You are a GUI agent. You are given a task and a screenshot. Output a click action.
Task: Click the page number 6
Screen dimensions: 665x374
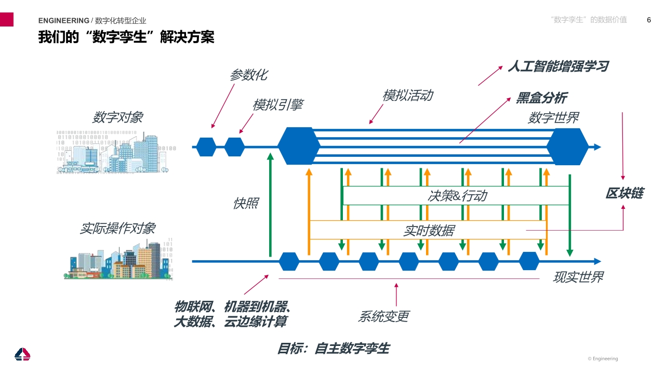tap(649, 20)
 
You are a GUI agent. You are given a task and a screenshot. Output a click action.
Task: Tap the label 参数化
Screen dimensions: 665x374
tap(249, 75)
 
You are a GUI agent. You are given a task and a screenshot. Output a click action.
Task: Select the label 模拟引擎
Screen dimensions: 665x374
tap(278, 105)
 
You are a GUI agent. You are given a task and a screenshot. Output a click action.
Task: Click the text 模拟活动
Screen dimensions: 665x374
tap(408, 95)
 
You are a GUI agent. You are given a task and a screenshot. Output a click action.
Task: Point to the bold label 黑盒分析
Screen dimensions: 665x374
tap(542, 98)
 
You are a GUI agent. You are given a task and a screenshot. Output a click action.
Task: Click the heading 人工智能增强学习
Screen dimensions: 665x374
tap(558, 66)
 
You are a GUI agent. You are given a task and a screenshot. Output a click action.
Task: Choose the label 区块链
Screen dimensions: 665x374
tap(624, 193)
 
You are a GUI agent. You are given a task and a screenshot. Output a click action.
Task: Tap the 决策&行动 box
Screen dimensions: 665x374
tap(456, 196)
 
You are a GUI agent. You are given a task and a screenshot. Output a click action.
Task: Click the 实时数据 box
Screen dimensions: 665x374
tap(428, 230)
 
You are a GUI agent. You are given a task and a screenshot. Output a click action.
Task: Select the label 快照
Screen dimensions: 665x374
tap(246, 203)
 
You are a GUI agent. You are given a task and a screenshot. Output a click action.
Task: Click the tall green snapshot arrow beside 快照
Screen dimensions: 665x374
tap(270, 205)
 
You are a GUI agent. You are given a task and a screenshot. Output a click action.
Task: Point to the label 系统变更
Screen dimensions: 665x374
tap(384, 316)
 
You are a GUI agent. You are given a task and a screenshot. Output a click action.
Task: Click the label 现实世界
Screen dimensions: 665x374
tap(578, 277)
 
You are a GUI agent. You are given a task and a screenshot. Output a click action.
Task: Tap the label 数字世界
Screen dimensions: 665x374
tap(554, 118)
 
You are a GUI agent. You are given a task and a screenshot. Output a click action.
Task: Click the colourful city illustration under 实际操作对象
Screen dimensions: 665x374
tap(118, 259)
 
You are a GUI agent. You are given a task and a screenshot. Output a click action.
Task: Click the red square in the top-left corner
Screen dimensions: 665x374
tap(7, 19)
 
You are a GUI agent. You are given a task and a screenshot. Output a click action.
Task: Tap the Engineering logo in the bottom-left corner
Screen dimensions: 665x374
tap(22, 354)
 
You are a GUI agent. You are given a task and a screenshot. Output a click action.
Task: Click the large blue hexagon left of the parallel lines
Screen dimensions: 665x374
tap(299, 146)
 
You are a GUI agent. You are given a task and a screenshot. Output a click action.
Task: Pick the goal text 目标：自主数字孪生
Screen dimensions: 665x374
tap(334, 348)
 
